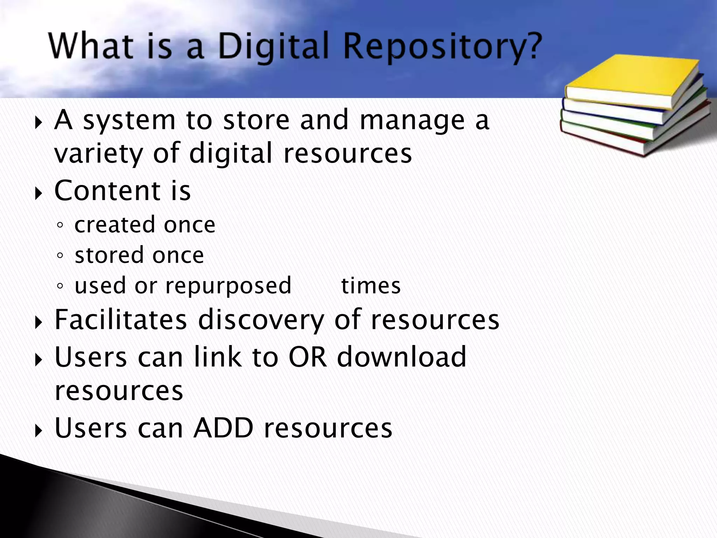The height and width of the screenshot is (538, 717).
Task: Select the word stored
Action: click(109, 255)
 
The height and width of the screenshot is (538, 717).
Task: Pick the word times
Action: click(371, 286)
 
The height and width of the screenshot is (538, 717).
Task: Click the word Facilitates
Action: click(121, 319)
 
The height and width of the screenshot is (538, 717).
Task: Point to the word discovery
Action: click(261, 319)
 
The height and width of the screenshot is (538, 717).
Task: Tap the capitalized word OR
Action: click(307, 357)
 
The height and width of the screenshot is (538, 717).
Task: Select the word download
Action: click(402, 357)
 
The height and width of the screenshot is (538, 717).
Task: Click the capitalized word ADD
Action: click(223, 428)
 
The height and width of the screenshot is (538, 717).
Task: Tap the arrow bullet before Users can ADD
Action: click(39, 430)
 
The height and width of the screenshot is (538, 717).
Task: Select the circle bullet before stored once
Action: click(60, 256)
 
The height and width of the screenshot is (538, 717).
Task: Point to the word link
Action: click(217, 357)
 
